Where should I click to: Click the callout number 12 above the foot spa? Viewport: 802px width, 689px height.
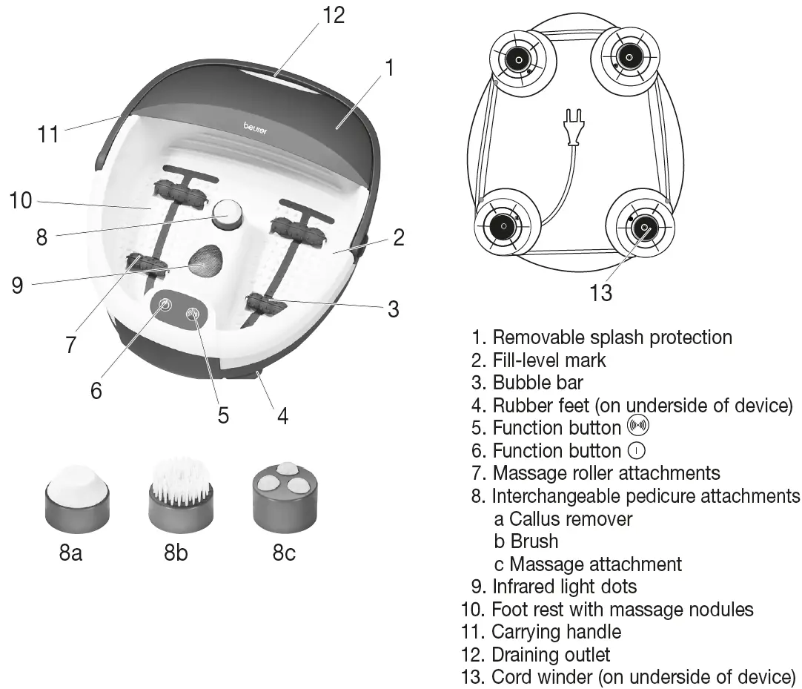(334, 15)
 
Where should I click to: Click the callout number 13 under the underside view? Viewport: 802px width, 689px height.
(600, 293)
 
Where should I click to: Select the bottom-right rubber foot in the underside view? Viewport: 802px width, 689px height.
(643, 226)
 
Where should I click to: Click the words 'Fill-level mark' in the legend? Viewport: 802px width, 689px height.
(549, 360)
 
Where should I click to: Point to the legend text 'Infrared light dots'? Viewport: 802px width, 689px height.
(564, 587)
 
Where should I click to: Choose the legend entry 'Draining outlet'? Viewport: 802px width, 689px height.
(551, 655)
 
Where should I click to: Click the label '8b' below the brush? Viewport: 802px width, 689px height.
(176, 553)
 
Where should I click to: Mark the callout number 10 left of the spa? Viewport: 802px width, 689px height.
(21, 200)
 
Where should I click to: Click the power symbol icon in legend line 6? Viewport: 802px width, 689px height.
(636, 450)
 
